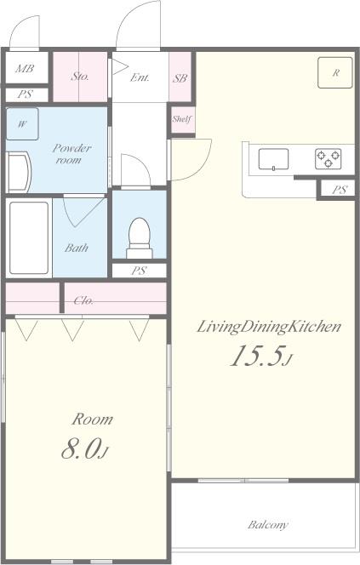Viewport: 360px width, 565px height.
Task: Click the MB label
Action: click(25, 68)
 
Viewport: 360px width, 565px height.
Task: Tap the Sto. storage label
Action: click(80, 76)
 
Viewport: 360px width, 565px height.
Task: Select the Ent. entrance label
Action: click(140, 77)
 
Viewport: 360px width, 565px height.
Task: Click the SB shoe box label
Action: click(180, 77)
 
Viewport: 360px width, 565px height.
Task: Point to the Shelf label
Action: click(182, 118)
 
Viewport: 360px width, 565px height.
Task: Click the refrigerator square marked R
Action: click(335, 72)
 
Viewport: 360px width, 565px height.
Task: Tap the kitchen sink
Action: click(273, 159)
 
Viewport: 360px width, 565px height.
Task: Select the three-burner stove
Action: click(329, 159)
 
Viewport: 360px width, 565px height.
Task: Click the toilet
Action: click(139, 237)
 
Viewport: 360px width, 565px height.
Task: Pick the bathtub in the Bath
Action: click(29, 237)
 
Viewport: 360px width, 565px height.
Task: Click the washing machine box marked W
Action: click(22, 124)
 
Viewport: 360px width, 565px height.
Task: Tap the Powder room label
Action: click(71, 153)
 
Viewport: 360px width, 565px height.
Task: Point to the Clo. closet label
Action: click(84, 300)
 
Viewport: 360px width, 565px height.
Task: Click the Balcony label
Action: click(268, 525)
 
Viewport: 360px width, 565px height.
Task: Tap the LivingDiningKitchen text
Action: click(269, 327)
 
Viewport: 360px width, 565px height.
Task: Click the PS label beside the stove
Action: click(340, 190)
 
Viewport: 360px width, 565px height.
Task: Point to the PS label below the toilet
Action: click(139, 271)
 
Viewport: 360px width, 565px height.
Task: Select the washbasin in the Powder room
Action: click(19, 172)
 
